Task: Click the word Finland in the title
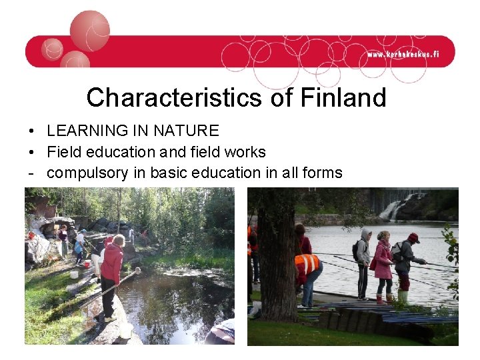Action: (x=343, y=98)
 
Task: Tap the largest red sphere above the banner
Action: (x=89, y=31)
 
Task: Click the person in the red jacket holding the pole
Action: (x=112, y=267)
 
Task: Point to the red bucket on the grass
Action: (x=87, y=264)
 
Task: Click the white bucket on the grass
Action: (x=74, y=274)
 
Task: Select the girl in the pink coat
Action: (x=383, y=263)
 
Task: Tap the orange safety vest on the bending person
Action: (x=307, y=264)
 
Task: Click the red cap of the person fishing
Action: (x=413, y=237)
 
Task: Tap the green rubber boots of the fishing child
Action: (x=403, y=295)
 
